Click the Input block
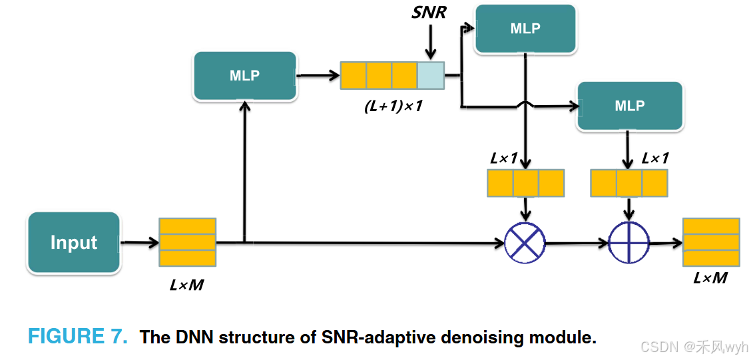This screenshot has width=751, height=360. coord(74,243)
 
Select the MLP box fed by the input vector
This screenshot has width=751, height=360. coord(244,76)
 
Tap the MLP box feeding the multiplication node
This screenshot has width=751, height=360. coord(525,29)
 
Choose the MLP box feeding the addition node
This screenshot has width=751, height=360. coord(629,106)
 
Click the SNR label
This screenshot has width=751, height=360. coord(429,12)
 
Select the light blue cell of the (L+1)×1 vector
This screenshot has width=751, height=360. coord(430,75)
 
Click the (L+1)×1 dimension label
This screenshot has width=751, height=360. coord(393,106)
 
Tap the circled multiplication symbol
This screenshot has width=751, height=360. coord(525,243)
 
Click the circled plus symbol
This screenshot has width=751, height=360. coord(628,243)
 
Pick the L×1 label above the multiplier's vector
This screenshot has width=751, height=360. coord(504,158)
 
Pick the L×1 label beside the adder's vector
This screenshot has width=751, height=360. coord(655,158)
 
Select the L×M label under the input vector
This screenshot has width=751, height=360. coord(186,285)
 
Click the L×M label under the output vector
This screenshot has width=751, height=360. coord(710,278)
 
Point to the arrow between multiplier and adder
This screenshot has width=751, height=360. coord(577,244)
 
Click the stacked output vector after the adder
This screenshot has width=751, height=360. coord(711,242)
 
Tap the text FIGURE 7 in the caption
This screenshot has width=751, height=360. coord(77,337)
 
